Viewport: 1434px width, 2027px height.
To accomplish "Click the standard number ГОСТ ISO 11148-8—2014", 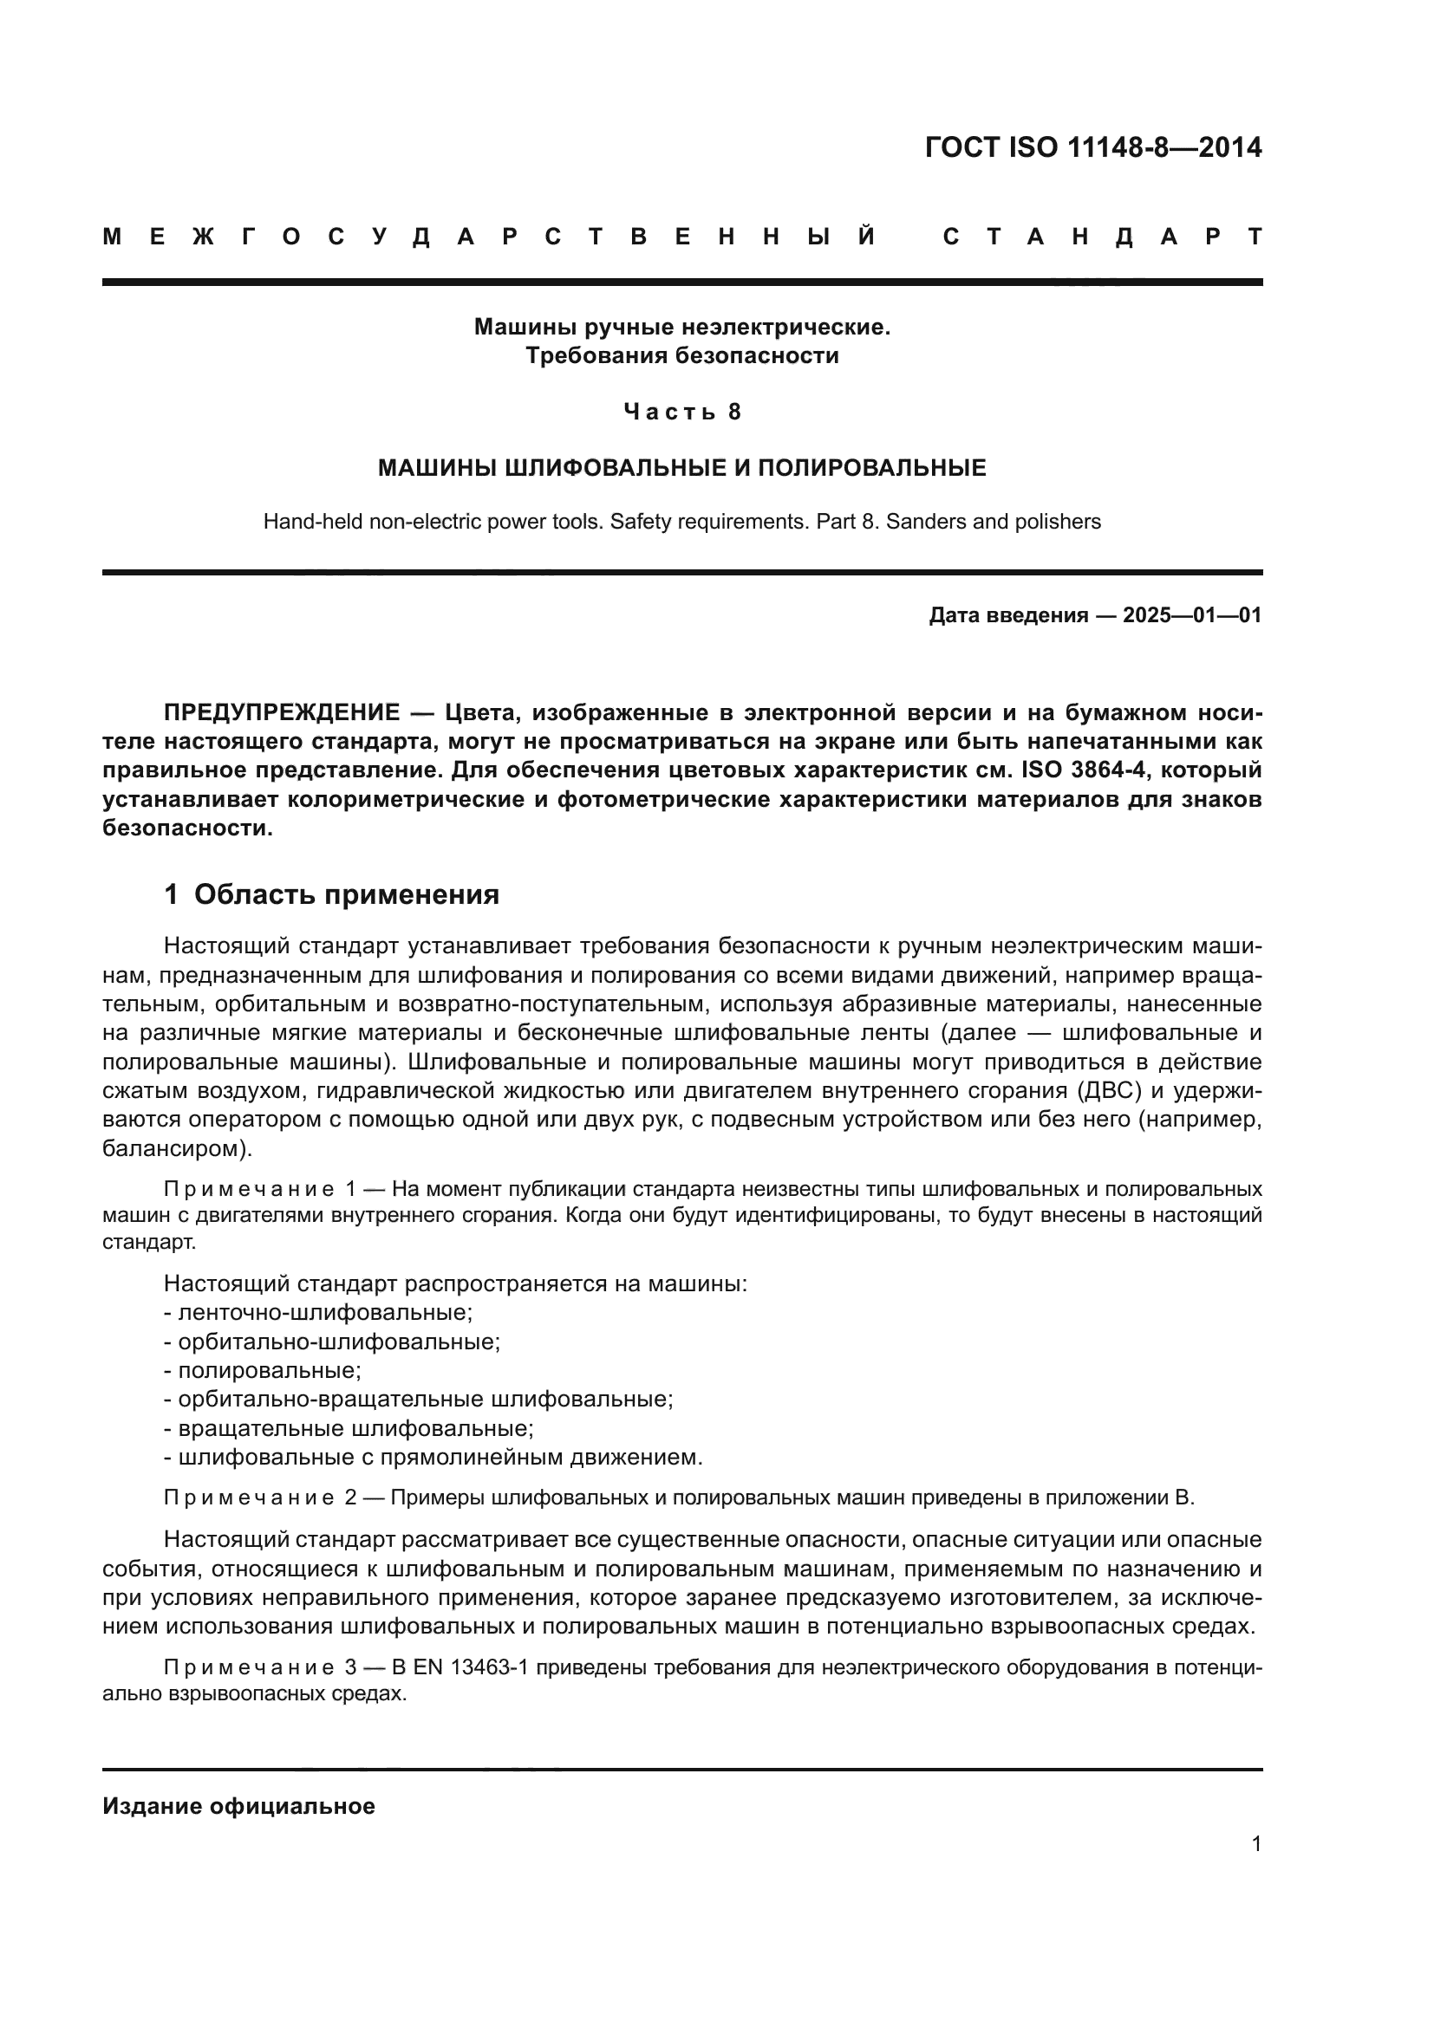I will pos(1092,147).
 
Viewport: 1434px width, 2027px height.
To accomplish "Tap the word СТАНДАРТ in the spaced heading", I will pos(1101,237).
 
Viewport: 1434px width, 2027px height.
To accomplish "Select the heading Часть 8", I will pos(681,412).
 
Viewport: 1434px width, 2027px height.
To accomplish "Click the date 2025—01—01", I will pos(1192,615).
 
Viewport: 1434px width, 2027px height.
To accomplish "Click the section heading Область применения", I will pos(346,894).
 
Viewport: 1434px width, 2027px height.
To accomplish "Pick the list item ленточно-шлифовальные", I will pos(324,1313).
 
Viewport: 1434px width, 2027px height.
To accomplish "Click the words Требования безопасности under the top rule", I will pos(681,356).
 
